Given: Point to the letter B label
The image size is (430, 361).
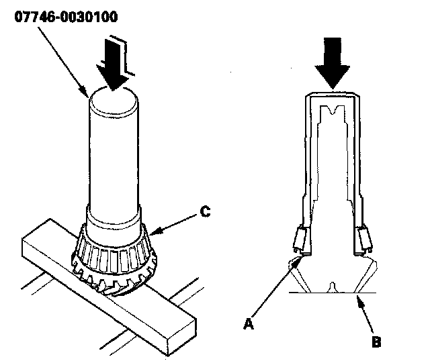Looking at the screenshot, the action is click(x=377, y=342).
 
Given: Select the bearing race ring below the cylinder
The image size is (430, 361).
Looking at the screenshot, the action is click(x=114, y=248).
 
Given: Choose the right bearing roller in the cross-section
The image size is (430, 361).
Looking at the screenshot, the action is click(x=365, y=238).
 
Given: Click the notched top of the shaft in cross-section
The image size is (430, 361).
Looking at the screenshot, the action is click(x=335, y=109).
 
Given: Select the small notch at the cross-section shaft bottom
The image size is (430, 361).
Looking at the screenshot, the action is click(x=331, y=288).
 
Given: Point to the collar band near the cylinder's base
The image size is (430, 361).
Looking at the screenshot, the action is click(x=114, y=216).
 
